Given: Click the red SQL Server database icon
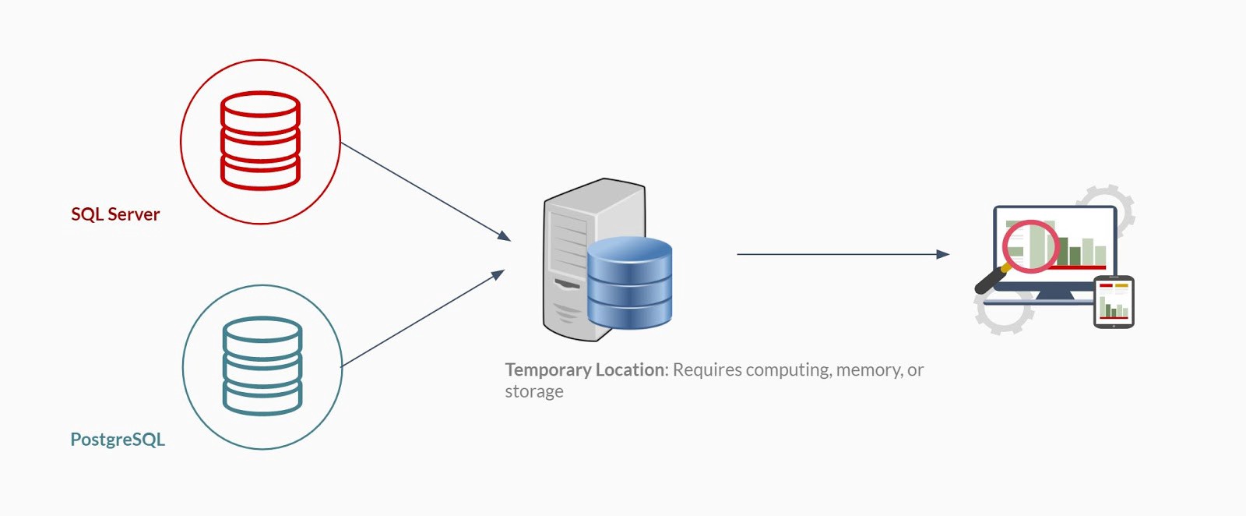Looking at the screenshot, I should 260,141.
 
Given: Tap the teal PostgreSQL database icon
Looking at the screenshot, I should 262,366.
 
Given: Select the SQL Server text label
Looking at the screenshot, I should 115,214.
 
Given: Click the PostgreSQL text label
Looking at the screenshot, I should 118,440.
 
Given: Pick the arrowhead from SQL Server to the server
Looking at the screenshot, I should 504,235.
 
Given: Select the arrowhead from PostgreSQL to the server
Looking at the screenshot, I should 498,274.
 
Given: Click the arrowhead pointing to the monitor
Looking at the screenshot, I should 943,254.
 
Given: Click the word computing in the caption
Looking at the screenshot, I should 787,369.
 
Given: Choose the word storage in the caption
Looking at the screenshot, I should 534,391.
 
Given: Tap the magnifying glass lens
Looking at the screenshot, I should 1030,246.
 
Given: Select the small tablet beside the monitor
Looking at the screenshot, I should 1114,302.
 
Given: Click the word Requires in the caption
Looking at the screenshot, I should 707,369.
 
